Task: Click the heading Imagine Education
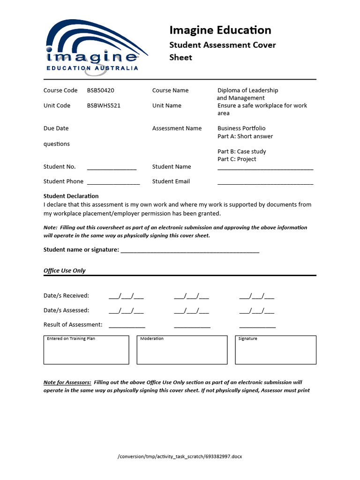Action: (x=220, y=30)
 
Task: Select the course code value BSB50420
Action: (x=100, y=90)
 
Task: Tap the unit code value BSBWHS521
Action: (x=104, y=105)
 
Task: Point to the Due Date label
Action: (x=56, y=128)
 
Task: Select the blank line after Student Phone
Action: (x=113, y=182)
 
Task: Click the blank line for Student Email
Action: (x=265, y=182)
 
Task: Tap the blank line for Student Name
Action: (x=265, y=168)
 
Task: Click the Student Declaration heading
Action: (x=71, y=196)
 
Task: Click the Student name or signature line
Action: (x=190, y=251)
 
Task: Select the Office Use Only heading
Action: (x=65, y=270)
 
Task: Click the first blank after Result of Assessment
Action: (x=127, y=326)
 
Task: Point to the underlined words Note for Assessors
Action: (x=67, y=382)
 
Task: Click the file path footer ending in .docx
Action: (x=180, y=456)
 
